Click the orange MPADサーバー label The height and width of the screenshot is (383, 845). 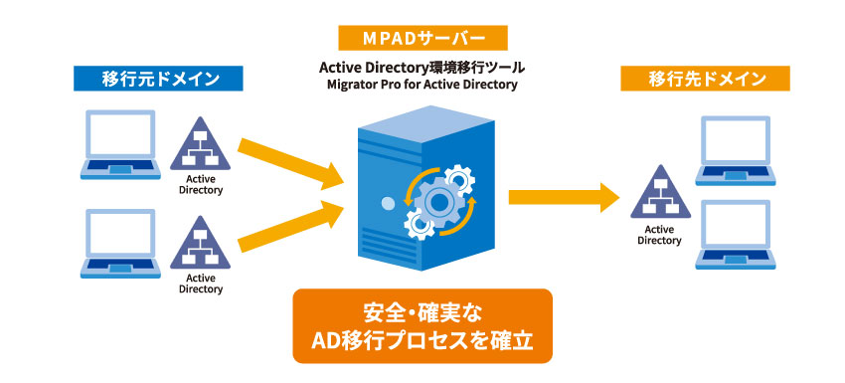coord(422,39)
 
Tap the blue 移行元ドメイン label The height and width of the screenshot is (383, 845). coord(159,77)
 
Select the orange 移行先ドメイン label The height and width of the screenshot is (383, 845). coord(706,78)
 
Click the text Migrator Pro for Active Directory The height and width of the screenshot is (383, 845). coord(422,86)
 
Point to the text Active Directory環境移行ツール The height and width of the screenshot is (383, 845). coord(422,67)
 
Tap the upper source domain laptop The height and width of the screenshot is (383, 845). coord(120,143)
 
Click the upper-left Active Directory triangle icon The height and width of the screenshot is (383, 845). coord(202,144)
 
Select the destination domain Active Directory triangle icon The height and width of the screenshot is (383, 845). coord(657,192)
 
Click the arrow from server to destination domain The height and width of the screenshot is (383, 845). coord(562,197)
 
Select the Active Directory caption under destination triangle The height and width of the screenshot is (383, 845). coord(657,235)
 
